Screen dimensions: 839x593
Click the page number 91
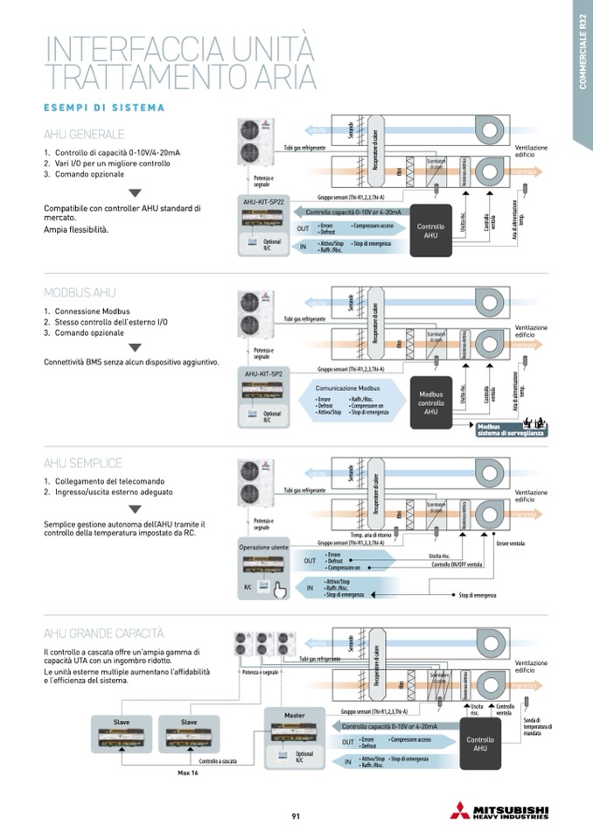pos(296,816)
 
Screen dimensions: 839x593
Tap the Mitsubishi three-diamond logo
pos(459,810)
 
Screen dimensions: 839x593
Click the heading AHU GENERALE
pos(84,135)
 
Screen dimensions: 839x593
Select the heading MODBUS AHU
pos(80,293)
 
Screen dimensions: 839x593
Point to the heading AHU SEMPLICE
pos(83,463)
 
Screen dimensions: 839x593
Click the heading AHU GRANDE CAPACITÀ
pos(104,633)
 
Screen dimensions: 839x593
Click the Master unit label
pos(294,715)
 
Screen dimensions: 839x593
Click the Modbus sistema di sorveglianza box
pos(510,429)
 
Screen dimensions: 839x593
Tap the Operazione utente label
pos(263,548)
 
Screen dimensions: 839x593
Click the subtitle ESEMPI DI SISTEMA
pos(104,108)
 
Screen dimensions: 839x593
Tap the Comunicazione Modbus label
pos(347,388)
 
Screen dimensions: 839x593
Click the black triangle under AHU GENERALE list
pos(135,192)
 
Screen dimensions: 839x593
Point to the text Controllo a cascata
pos(218,761)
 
